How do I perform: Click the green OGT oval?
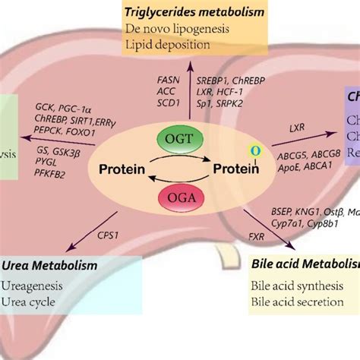click(180, 139)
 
